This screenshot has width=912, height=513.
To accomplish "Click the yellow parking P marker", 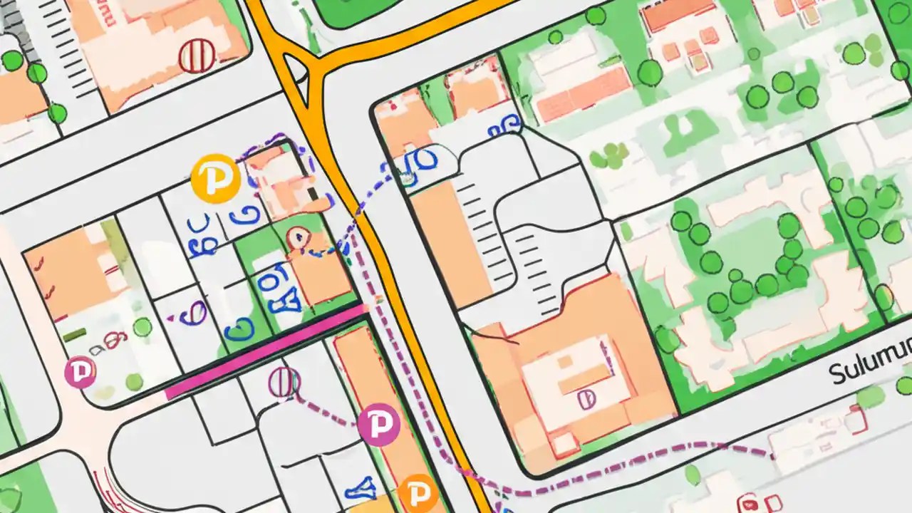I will coord(214,178).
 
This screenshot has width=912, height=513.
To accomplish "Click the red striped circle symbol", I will coord(197,56).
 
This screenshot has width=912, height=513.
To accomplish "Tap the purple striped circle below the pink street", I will coord(284,383).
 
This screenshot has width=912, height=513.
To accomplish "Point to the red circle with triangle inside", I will coord(297,238).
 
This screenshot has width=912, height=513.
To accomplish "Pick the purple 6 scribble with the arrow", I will coord(192,313).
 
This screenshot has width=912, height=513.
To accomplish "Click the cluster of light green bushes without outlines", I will coord(610,155).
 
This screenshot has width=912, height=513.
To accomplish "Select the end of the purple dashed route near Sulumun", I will coord(772,455).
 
